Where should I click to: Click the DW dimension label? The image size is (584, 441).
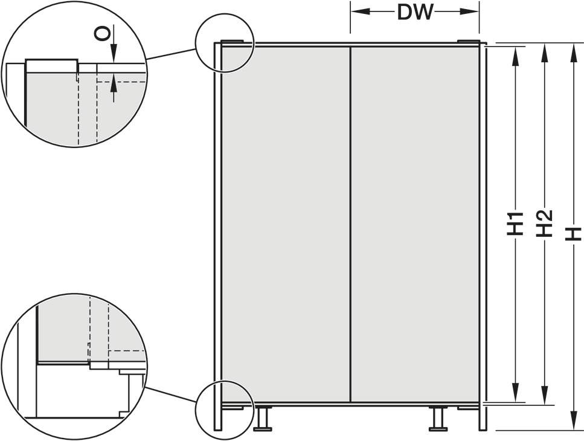[x=416, y=12]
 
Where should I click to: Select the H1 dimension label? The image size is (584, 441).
[x=516, y=224]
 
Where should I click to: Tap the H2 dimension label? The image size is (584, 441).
[x=544, y=224]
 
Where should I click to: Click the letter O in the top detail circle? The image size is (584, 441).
[x=103, y=34]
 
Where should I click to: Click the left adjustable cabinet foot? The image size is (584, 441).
[x=263, y=419]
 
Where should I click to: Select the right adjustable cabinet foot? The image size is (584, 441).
[x=438, y=419]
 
